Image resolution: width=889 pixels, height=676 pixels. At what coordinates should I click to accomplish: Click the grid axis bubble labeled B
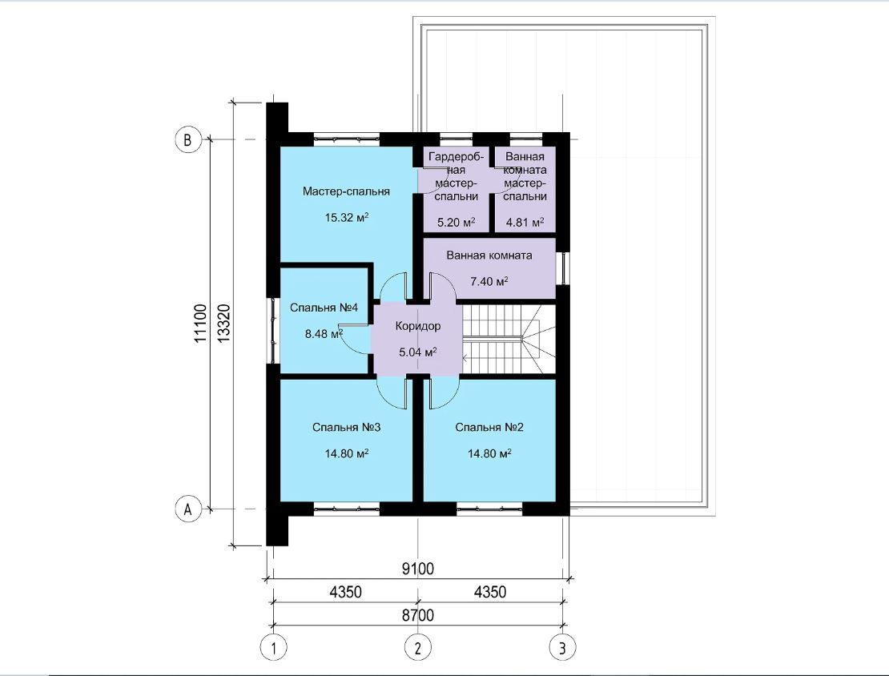(x=188, y=139)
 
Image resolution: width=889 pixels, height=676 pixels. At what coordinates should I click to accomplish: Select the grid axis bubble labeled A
(x=188, y=509)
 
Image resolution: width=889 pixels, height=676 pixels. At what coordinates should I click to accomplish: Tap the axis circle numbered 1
(x=274, y=647)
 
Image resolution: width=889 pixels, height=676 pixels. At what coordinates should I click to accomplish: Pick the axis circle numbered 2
(x=418, y=647)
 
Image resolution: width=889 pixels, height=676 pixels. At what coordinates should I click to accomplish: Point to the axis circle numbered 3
(x=562, y=647)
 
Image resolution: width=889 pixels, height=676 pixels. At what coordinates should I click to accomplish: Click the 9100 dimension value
(x=418, y=568)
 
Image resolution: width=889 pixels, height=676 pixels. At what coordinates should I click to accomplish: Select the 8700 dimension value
(x=418, y=615)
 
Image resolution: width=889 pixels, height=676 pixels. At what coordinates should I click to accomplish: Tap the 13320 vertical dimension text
(x=223, y=323)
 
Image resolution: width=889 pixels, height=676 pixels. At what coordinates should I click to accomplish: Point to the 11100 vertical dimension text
(x=200, y=324)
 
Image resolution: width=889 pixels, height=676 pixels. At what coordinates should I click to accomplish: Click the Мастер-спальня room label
(x=346, y=191)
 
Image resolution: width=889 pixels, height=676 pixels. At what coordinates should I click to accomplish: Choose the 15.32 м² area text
(x=347, y=217)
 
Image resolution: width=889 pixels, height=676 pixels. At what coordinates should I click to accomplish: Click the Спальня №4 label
(x=324, y=308)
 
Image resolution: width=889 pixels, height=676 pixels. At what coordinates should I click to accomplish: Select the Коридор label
(x=418, y=326)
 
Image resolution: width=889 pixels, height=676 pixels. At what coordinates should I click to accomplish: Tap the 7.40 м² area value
(x=489, y=280)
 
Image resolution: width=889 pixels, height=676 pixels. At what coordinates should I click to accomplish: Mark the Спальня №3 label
(x=347, y=427)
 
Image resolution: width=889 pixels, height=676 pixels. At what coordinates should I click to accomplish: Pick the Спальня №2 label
(x=489, y=427)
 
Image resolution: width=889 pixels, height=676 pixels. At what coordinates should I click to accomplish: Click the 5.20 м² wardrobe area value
(x=457, y=223)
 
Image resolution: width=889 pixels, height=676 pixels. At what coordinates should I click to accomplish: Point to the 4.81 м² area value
(x=525, y=223)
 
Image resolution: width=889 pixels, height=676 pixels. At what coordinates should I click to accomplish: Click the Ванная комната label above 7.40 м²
(x=489, y=256)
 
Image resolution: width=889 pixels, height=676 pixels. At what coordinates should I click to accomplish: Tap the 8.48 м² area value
(x=324, y=333)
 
